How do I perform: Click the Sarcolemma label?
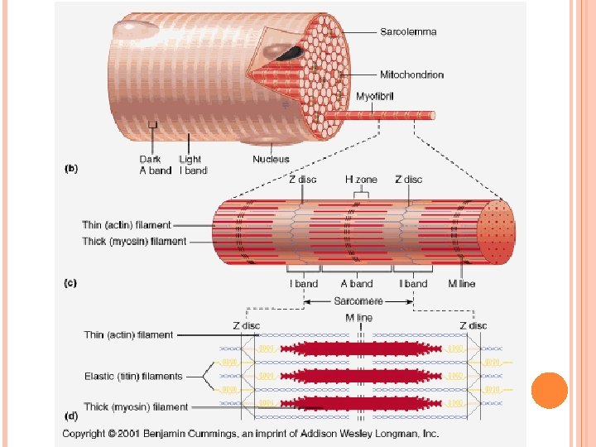click(408, 32)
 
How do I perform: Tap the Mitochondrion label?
click(411, 74)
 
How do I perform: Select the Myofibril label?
click(375, 97)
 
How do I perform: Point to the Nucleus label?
click(272, 159)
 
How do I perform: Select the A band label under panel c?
click(358, 284)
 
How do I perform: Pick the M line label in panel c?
click(462, 284)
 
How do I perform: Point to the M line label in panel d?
click(359, 318)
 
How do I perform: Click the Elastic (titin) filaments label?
click(133, 377)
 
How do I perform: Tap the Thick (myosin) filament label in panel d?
click(136, 407)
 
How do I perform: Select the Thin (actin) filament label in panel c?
click(127, 225)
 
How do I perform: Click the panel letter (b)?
click(71, 168)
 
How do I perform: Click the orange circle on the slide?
click(549, 390)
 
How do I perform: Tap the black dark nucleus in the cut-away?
click(289, 54)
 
